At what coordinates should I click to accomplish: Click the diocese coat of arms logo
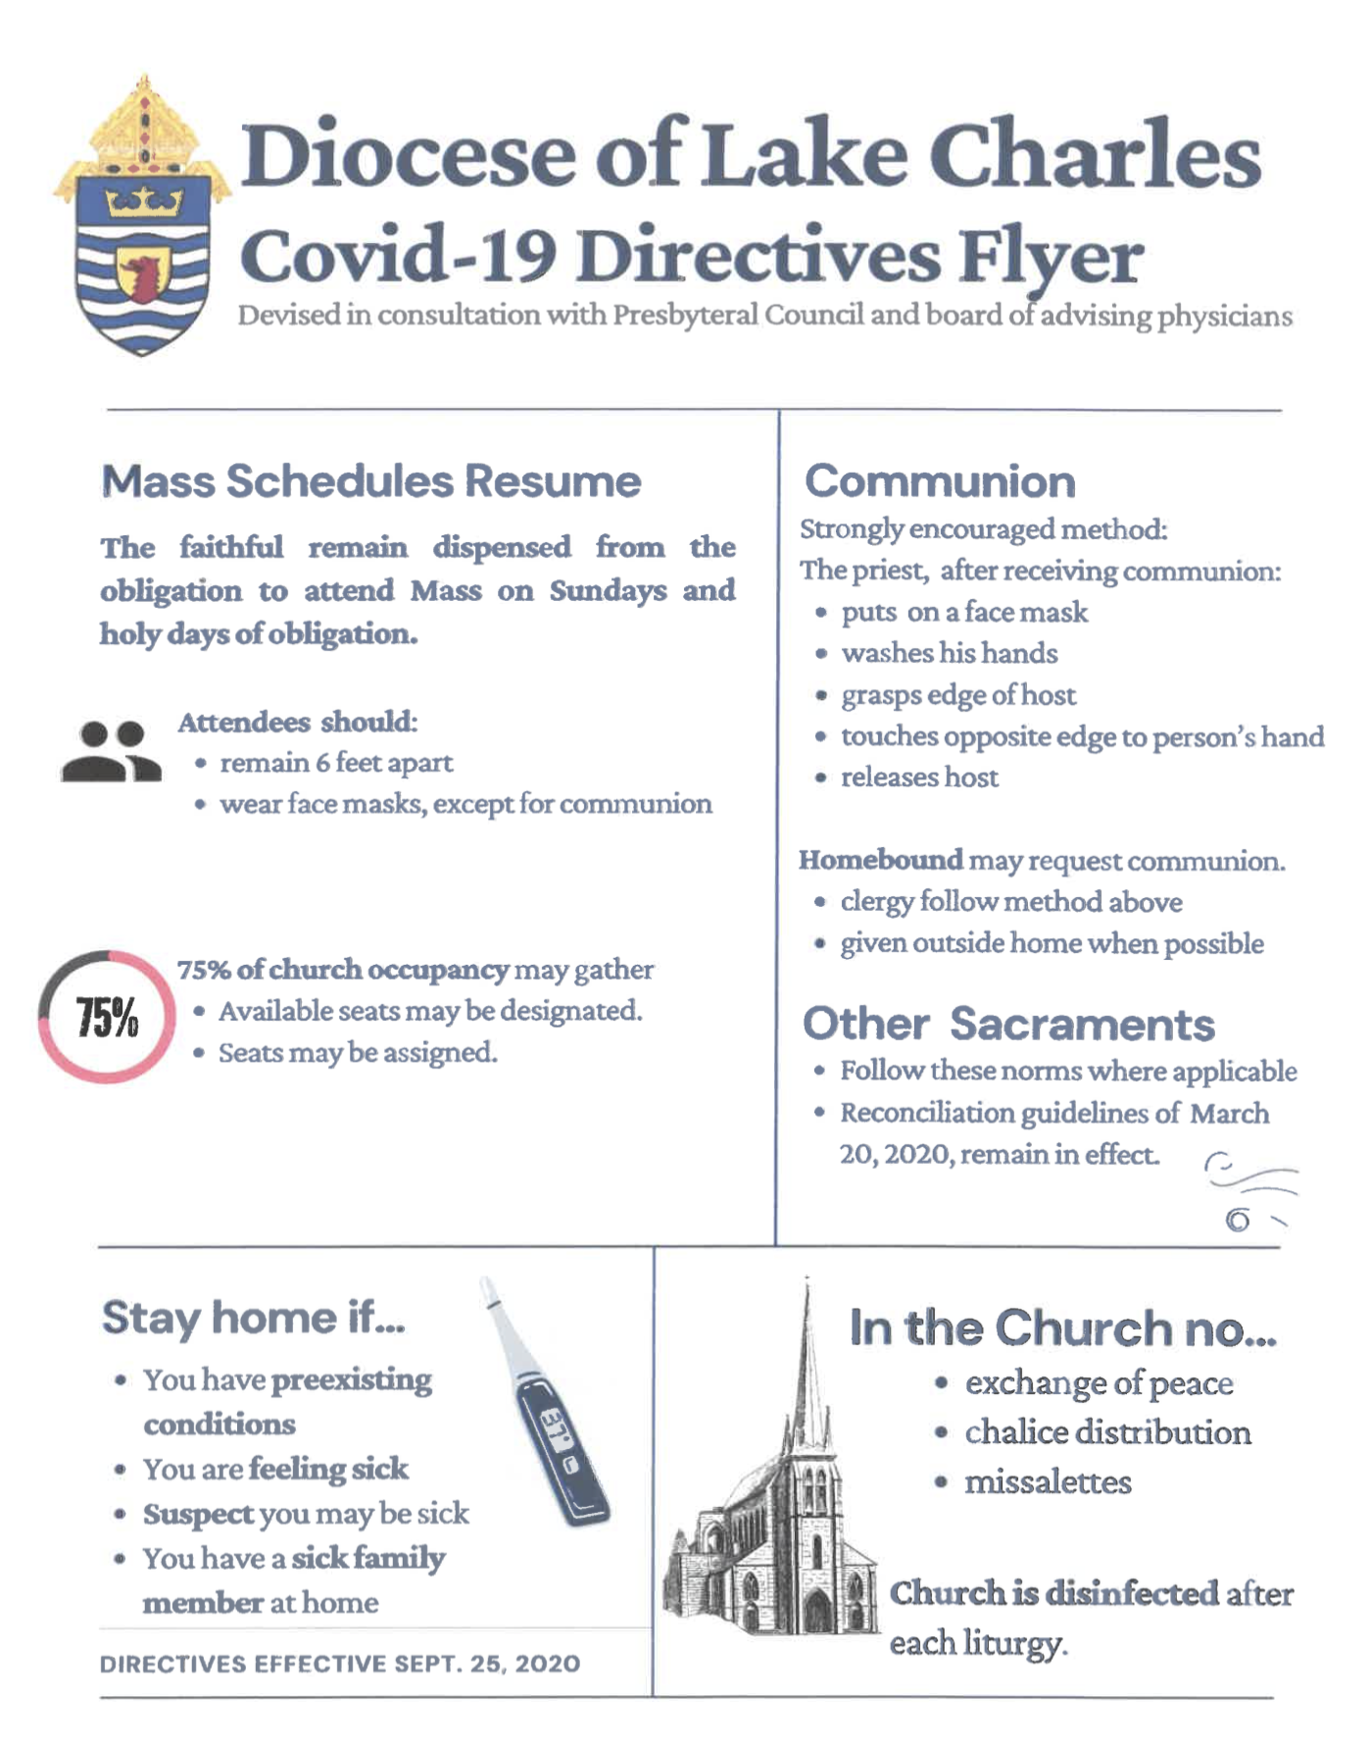[x=142, y=221]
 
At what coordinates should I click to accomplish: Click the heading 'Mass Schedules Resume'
[x=370, y=481]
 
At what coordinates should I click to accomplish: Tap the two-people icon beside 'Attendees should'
[x=110, y=752]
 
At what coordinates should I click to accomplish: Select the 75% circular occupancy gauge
[x=107, y=1017]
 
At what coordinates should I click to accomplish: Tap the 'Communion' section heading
[x=940, y=481]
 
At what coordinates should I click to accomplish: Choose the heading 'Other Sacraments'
[x=1008, y=1025]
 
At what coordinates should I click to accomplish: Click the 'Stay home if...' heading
[x=253, y=1318]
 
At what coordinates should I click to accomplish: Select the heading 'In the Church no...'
[x=1062, y=1328]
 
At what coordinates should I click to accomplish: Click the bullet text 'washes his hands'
[x=949, y=653]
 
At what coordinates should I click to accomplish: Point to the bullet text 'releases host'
[x=919, y=777]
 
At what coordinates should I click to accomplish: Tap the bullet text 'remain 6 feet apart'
[x=336, y=763]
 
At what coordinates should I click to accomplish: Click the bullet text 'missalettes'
[x=1048, y=1481]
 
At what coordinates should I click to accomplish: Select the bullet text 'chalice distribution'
[x=1107, y=1432]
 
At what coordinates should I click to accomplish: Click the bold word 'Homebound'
[x=880, y=860]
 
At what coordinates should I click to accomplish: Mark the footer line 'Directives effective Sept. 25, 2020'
[x=340, y=1664]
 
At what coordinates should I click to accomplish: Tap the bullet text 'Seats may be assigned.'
[x=358, y=1053]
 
